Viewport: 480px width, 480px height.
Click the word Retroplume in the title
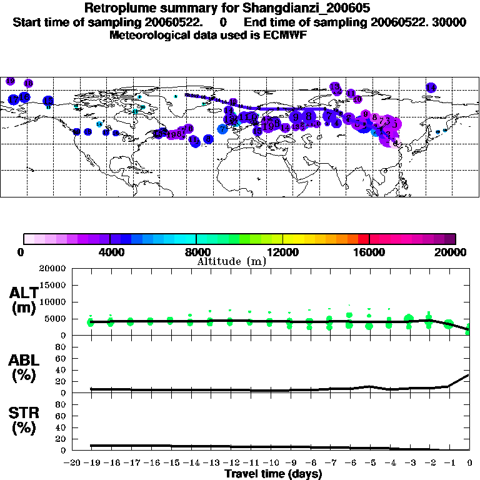tap(118, 9)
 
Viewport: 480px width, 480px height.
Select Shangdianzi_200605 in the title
tap(306, 9)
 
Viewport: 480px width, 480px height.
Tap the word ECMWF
tap(285, 35)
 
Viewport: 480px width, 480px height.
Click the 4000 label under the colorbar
tap(109, 252)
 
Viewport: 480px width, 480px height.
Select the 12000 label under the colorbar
tap(282, 252)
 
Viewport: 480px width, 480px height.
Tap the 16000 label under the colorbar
tap(369, 252)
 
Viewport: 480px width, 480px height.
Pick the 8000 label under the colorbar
tap(196, 252)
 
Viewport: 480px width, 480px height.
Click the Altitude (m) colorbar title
tap(232, 261)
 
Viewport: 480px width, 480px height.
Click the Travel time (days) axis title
tap(272, 474)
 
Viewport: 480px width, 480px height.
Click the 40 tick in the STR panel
tap(61, 427)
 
